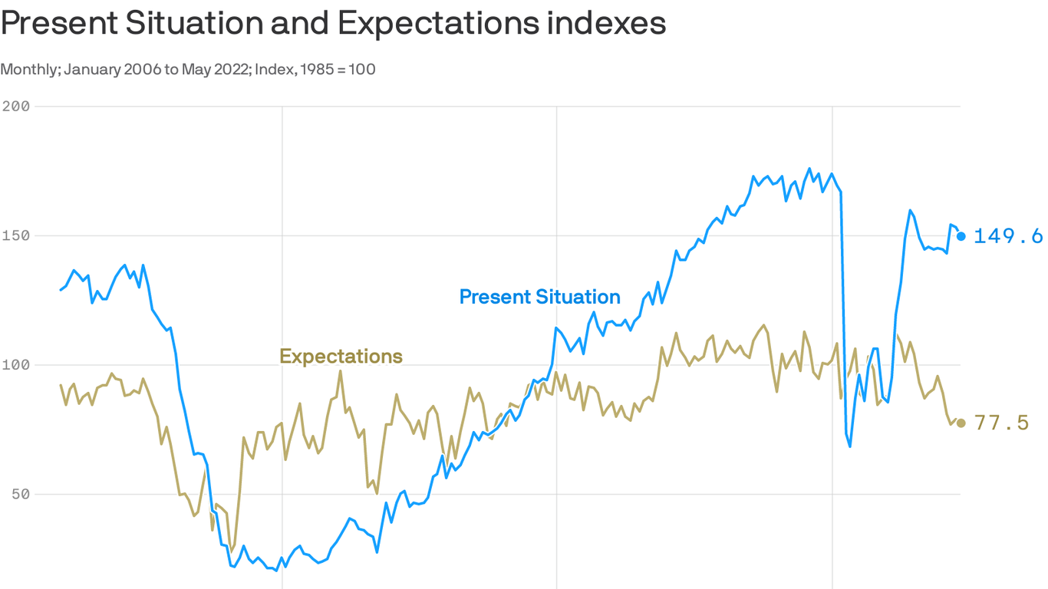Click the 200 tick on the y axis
pyautogui.click(x=15, y=106)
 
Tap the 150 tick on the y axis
pyautogui.click(x=15, y=235)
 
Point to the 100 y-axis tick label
pyautogui.click(x=15, y=364)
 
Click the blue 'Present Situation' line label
pyautogui.click(x=539, y=297)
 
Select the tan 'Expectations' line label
pyautogui.click(x=341, y=357)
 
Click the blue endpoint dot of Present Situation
pyautogui.click(x=961, y=236)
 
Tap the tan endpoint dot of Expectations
pyautogui.click(x=961, y=423)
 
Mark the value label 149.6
pyautogui.click(x=1008, y=236)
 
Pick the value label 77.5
pyautogui.click(x=1001, y=423)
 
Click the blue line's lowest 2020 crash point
pyautogui.click(x=850, y=446)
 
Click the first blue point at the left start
pyautogui.click(x=61, y=290)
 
